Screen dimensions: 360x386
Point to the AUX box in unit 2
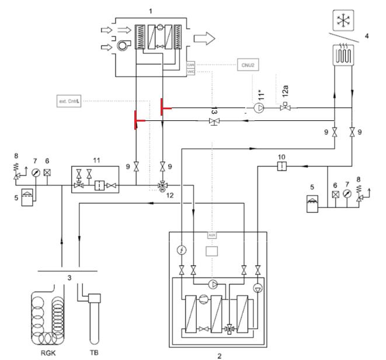(211, 234)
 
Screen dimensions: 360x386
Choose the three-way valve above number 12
(161, 185)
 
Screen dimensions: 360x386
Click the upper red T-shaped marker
(163, 108)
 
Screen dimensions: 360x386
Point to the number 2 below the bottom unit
(220, 355)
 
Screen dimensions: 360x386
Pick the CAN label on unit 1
(190, 65)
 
